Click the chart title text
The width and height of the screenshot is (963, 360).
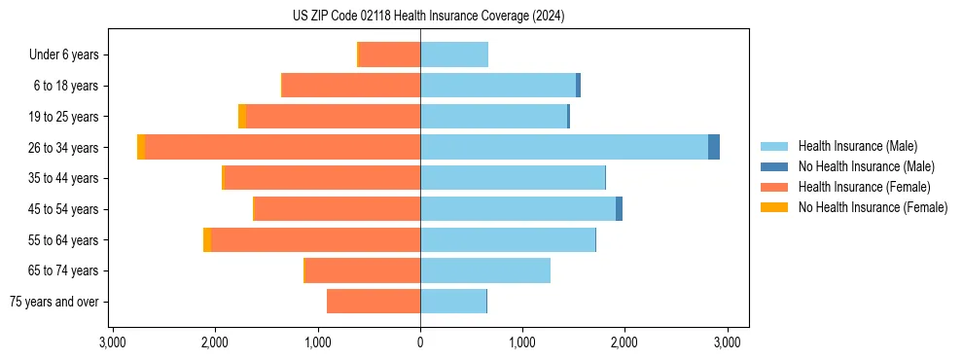pyautogui.click(x=428, y=17)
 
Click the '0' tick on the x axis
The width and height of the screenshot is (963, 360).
pyautogui.click(x=420, y=342)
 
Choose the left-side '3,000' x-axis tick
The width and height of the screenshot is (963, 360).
pyautogui.click(x=113, y=342)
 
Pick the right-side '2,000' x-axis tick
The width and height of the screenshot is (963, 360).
pyautogui.click(x=624, y=342)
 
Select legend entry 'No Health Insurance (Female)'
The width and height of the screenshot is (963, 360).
pyautogui.click(x=873, y=207)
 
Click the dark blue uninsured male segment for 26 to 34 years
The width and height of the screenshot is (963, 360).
pyautogui.click(x=714, y=147)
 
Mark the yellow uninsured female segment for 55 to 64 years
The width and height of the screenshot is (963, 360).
pyautogui.click(x=207, y=239)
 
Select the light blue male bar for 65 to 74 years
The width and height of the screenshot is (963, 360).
pyautogui.click(x=485, y=270)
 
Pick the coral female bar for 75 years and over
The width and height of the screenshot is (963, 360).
pyautogui.click(x=374, y=302)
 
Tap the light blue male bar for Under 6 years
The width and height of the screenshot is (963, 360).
pyautogui.click(x=454, y=54)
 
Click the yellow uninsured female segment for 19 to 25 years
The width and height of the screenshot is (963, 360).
pyautogui.click(x=242, y=116)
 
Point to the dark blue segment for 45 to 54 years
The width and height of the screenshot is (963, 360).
pyautogui.click(x=619, y=209)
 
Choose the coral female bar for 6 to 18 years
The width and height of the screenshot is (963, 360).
pyautogui.click(x=351, y=86)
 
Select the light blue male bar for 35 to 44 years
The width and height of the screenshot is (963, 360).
pyautogui.click(x=513, y=178)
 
